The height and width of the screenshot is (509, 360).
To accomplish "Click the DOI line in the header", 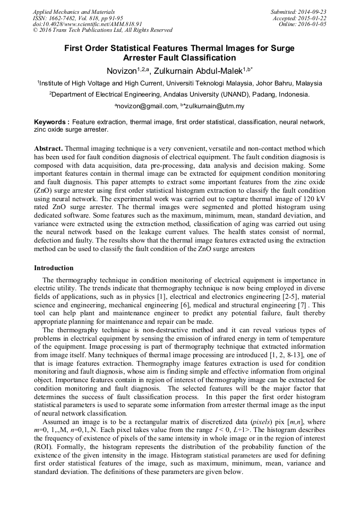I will point(87,24).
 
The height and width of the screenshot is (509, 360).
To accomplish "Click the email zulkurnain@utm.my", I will point(216,106).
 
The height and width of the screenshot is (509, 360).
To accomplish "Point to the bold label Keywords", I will point(51,122).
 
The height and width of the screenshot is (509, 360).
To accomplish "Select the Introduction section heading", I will point(54,268).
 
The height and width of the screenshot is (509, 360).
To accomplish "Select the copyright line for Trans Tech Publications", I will point(102,30).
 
